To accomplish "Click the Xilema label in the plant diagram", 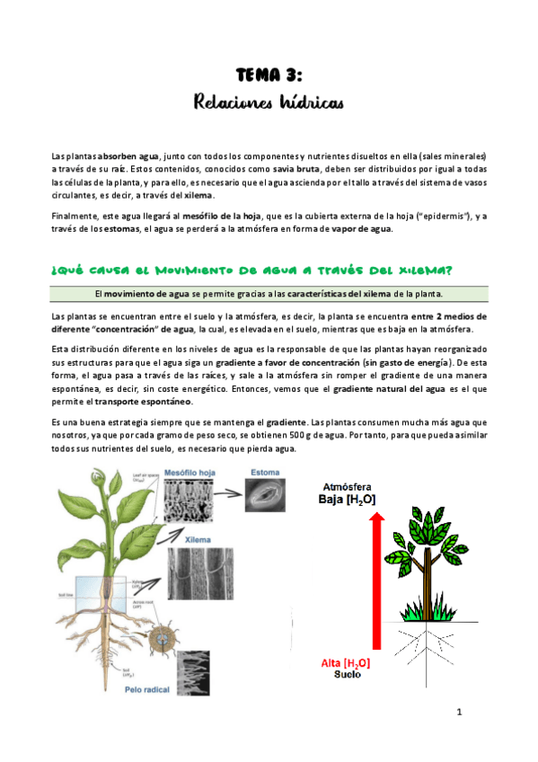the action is [198, 541].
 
